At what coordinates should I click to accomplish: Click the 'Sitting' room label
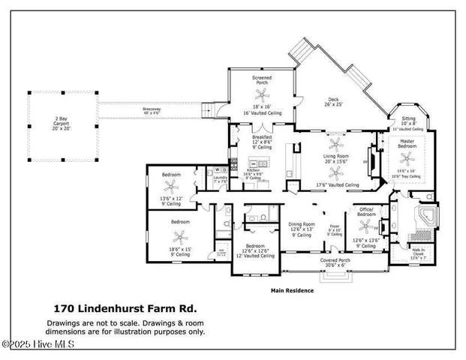point(408,118)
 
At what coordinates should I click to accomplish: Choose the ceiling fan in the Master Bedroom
point(407,157)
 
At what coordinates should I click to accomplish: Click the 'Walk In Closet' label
point(419,251)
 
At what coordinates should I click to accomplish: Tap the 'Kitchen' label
point(253,170)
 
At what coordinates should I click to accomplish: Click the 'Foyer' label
point(334,224)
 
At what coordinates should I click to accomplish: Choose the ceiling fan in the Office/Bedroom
point(365,228)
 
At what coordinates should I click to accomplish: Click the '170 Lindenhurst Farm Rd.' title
point(125,307)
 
